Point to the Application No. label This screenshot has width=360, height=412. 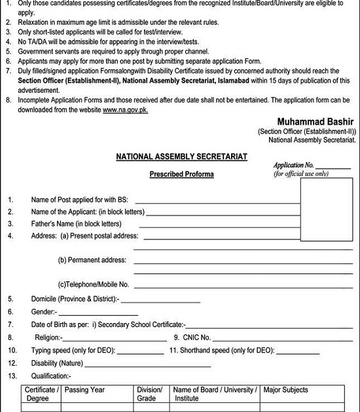[x=295, y=166]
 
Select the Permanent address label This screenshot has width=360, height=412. [x=92, y=260]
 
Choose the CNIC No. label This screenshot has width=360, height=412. [x=192, y=337]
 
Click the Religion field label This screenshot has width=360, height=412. [x=45, y=337]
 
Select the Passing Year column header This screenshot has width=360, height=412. [x=85, y=390]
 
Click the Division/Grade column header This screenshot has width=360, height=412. [x=149, y=394]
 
